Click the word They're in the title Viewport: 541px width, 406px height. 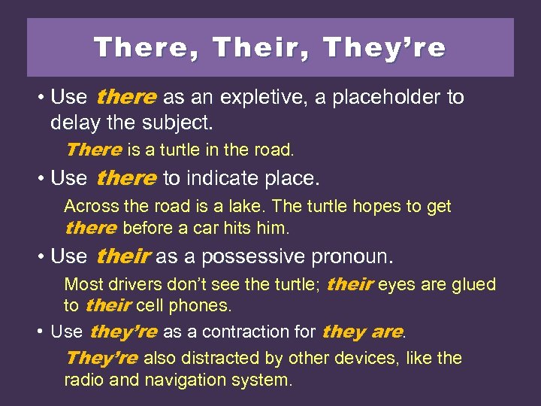click(384, 48)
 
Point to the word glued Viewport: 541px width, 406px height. click(470, 285)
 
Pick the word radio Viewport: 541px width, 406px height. click(84, 380)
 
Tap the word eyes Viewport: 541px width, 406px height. click(396, 285)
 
